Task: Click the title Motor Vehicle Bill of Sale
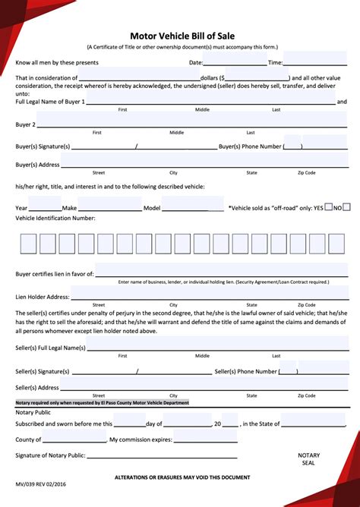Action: (179, 34)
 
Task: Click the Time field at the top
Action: (315, 62)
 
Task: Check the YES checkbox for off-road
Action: (329, 206)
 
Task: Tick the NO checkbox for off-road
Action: (347, 206)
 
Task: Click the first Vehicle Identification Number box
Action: (27, 244)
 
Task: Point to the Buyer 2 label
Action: (24, 123)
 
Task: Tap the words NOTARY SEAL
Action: (309, 460)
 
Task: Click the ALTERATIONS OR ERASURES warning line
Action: (182, 477)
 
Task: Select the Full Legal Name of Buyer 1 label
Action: (50, 101)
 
